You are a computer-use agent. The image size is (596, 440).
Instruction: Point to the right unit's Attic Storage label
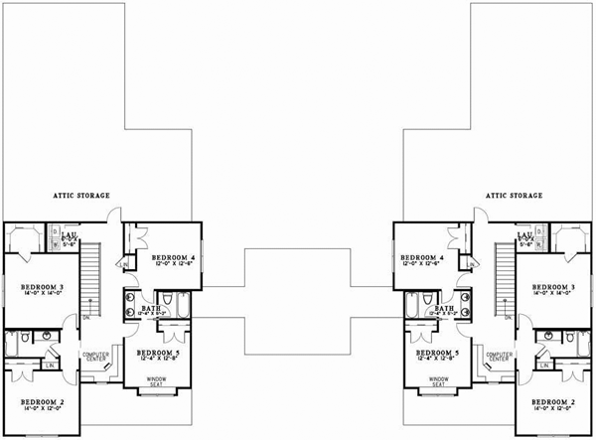pos(515,196)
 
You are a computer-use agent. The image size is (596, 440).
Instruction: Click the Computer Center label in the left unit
pos(94,358)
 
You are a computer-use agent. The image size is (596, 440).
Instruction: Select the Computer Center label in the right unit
pos(500,358)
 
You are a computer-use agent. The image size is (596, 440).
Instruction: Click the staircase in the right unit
pos(502,275)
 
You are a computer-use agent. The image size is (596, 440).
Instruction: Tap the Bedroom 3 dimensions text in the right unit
pos(551,296)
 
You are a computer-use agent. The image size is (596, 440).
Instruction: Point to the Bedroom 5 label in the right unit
pos(436,353)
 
